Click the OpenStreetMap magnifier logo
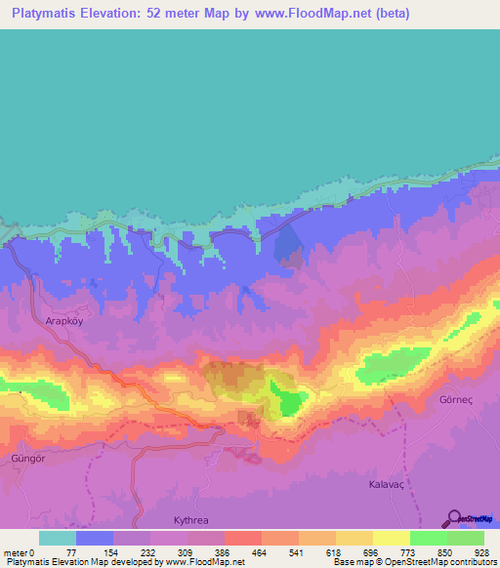(454, 518)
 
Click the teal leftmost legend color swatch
(58, 538)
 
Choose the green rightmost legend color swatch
(466, 538)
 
